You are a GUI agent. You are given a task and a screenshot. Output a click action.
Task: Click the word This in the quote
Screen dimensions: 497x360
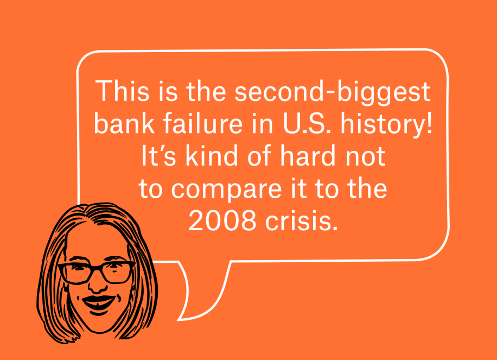click(x=122, y=91)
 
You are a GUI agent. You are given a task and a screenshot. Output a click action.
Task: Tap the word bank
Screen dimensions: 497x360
click(x=124, y=123)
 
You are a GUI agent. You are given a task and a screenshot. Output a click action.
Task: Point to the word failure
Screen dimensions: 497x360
click(x=203, y=123)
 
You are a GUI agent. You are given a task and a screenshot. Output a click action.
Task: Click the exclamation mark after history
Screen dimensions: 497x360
click(x=429, y=123)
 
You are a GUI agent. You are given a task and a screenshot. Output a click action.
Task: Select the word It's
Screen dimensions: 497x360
click(x=158, y=155)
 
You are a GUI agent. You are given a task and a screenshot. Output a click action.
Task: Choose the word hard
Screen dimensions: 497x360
click(x=308, y=155)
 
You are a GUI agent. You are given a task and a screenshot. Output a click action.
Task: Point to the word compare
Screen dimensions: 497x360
click(x=226, y=191)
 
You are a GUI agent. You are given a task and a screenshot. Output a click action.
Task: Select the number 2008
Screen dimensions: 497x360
click(x=222, y=220)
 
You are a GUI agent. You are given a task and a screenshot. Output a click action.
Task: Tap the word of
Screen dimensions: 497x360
click(x=259, y=155)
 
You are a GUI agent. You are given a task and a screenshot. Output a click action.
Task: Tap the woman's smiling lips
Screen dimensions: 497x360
click(x=99, y=304)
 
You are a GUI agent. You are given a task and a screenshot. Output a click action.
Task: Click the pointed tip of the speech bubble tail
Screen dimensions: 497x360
click(x=177, y=320)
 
